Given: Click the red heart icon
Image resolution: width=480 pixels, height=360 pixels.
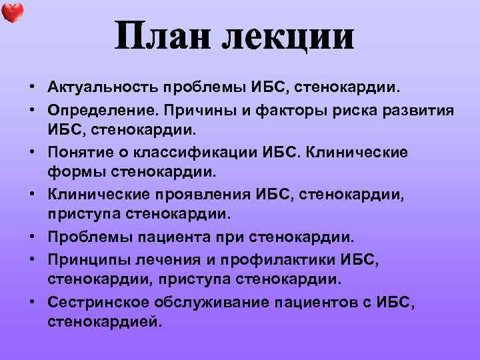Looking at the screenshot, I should pos(13,13).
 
